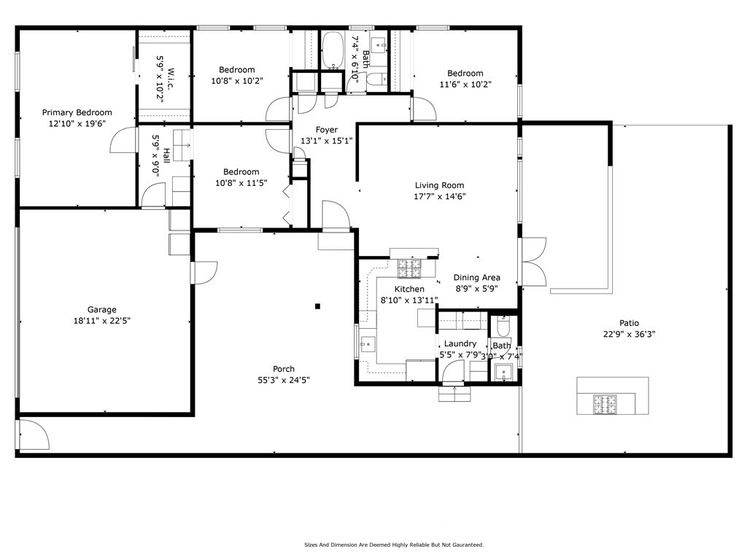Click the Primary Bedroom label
[77, 112]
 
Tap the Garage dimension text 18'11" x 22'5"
[102, 321]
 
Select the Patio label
[629, 323]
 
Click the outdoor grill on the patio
[605, 404]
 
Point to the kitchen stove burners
[409, 268]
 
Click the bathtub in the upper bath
[333, 51]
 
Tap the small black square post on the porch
[318, 306]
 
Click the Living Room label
[439, 185]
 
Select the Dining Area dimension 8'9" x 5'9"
[477, 289]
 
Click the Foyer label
[327, 130]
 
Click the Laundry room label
[460, 343]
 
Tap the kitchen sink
[368, 343]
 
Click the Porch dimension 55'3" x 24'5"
[284, 380]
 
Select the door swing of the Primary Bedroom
[123, 141]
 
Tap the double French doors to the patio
[533, 262]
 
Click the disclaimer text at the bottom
[394, 545]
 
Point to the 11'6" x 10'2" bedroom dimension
[465, 85]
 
